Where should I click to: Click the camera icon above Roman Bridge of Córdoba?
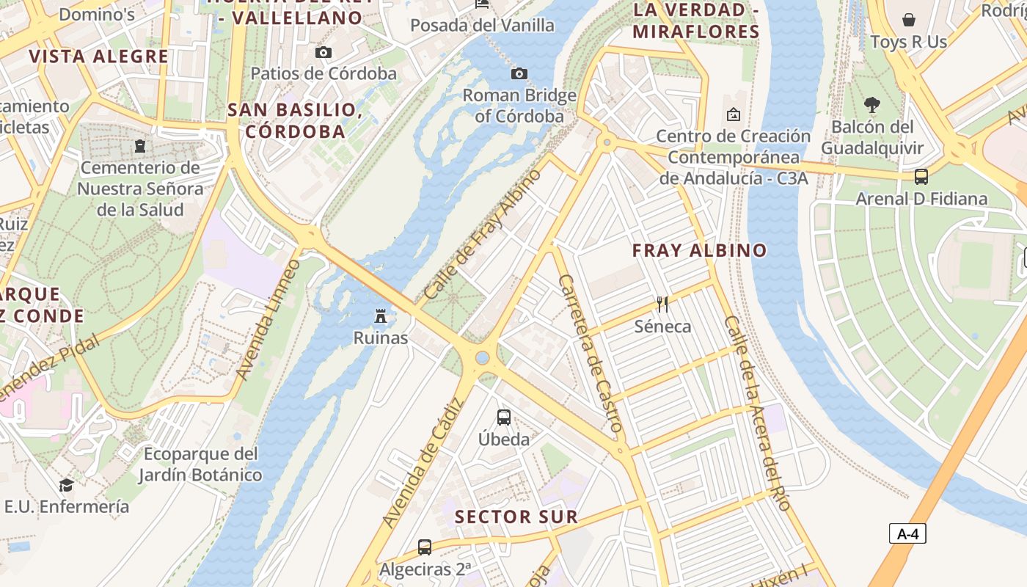click(x=519, y=73)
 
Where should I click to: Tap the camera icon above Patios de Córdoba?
click(x=323, y=52)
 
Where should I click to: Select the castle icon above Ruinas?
click(x=380, y=316)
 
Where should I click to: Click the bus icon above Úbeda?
click(x=503, y=418)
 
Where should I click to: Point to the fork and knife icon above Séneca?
click(x=662, y=304)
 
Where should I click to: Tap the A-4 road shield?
click(x=907, y=533)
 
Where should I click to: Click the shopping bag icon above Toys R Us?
click(x=909, y=20)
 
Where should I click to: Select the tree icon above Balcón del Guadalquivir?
click(x=871, y=105)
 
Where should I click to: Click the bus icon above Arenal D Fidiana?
click(x=921, y=177)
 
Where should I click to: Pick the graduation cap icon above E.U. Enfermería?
click(x=66, y=485)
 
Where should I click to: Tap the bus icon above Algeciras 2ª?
click(x=424, y=547)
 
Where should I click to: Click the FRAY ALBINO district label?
click(x=699, y=250)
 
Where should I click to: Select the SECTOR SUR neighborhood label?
click(x=516, y=517)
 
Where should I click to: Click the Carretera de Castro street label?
click(x=591, y=353)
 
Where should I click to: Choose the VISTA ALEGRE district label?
click(x=98, y=56)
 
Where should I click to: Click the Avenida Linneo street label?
click(x=268, y=319)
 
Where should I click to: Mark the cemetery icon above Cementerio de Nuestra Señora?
click(x=139, y=146)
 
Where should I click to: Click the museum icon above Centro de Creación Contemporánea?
click(x=733, y=114)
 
